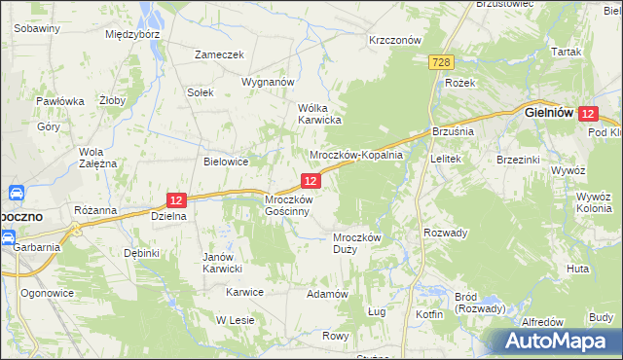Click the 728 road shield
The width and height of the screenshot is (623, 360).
coord(440,62)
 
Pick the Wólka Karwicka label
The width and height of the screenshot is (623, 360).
coord(318,114)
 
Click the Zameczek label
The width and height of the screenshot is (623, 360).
coord(218,55)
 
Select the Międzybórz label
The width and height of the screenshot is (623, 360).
coord(131,33)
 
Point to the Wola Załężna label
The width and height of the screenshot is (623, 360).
coord(97,158)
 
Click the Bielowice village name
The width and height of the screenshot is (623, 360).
coord(226,162)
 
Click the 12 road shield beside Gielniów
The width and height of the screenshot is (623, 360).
coord(587,114)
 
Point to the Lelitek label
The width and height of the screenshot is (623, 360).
coord(444,158)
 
